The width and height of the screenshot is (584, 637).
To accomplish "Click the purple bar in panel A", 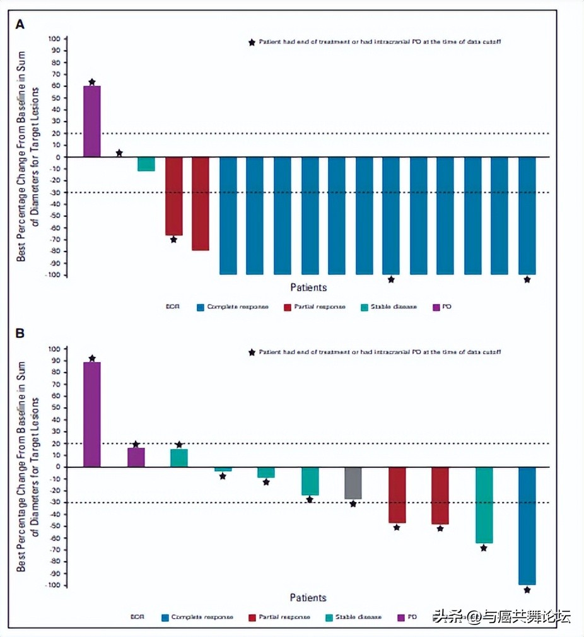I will [92, 121].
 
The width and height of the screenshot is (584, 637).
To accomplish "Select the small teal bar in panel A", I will [146, 164].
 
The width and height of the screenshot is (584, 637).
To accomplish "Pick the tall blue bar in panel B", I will [527, 525].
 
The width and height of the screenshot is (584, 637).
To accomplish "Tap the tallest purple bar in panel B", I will [92, 414].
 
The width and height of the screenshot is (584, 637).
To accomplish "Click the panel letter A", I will [20, 25].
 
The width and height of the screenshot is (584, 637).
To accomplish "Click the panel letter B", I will [20, 332].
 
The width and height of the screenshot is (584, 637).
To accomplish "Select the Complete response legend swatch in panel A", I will [201, 307].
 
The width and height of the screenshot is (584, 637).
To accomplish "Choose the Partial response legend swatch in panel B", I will [253, 617].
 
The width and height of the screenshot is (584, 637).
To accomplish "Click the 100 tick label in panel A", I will [54, 39].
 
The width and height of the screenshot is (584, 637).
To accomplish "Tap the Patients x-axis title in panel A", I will [308, 288].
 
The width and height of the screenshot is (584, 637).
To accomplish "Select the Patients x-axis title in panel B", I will [308, 597].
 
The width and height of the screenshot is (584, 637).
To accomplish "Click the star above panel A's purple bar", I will [92, 82].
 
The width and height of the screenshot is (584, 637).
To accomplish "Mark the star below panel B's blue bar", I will [527, 590].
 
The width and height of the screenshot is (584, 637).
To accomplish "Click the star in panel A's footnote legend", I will [252, 42].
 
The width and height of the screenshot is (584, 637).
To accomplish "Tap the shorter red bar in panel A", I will [173, 196].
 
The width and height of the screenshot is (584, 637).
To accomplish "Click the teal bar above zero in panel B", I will [179, 458].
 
